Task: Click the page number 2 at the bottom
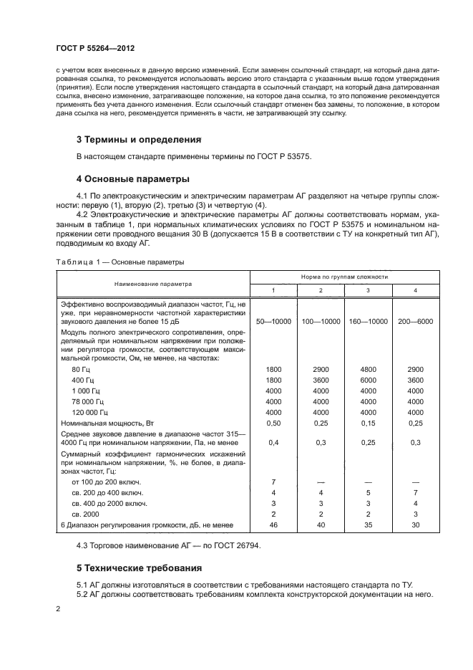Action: coord(58,608)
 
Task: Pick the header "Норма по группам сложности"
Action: coord(354,276)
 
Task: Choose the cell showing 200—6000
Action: coord(415,322)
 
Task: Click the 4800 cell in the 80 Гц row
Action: coord(368,368)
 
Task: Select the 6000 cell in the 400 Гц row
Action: coord(368,380)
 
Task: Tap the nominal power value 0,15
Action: coord(368,424)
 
